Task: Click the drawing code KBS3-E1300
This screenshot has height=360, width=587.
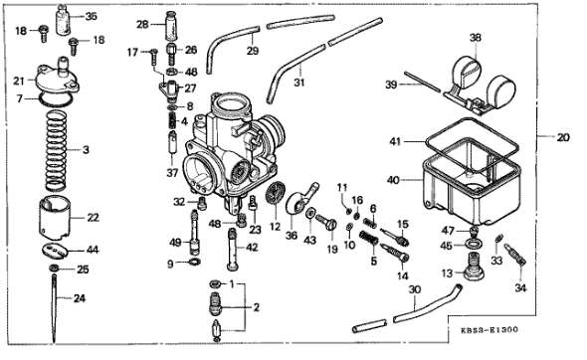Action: (489, 330)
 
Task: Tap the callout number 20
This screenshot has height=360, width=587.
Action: (563, 137)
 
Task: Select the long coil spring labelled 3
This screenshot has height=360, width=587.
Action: (56, 150)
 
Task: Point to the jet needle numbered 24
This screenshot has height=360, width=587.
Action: (55, 308)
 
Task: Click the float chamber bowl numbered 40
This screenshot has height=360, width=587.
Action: (472, 183)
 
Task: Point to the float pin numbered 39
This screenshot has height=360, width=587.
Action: (422, 82)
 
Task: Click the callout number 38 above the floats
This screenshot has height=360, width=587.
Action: (475, 38)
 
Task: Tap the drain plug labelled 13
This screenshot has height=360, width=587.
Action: (474, 266)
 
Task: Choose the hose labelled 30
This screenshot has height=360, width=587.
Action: (408, 309)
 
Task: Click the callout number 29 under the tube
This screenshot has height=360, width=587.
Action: (253, 51)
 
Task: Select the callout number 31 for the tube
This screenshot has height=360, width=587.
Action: (298, 82)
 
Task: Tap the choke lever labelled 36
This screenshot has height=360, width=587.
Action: (300, 199)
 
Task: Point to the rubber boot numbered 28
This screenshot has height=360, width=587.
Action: (172, 26)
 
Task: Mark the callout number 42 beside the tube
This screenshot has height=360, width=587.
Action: (253, 248)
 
